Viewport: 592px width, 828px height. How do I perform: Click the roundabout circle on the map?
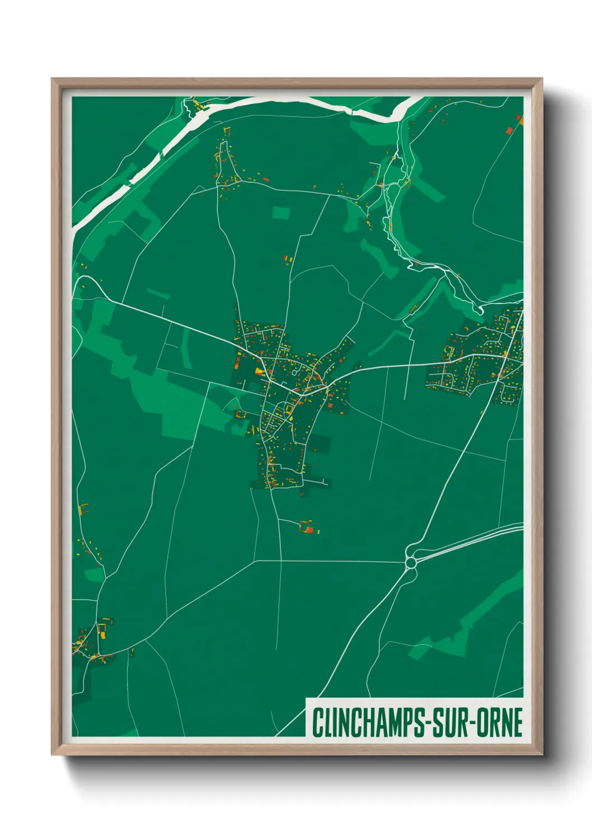point(411,562)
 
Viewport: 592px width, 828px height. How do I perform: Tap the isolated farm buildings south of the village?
point(307,527)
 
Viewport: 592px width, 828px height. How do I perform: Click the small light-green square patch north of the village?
point(281,213)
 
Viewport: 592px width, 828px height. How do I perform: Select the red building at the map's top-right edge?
point(509,130)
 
